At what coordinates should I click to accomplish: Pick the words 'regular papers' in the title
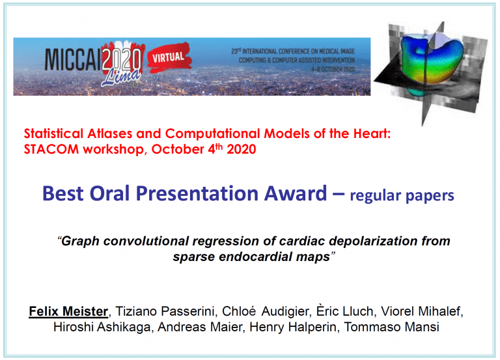[x=402, y=196]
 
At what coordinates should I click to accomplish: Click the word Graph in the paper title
[x=79, y=241]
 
